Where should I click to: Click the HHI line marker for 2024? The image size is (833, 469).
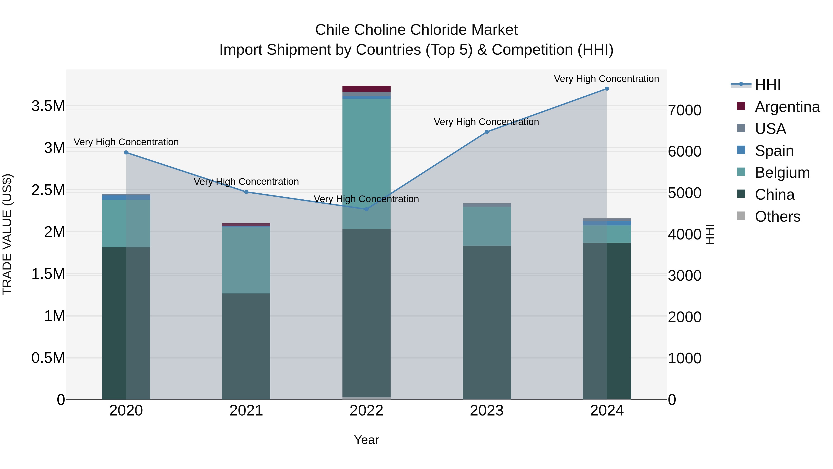[x=607, y=89]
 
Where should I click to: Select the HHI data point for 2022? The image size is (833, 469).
[x=366, y=209]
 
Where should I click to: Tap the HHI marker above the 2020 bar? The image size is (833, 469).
[x=126, y=152]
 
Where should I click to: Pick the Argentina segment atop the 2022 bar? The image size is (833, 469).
[x=366, y=89]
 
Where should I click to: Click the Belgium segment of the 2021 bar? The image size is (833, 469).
[x=246, y=260]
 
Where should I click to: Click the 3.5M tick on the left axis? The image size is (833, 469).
[x=48, y=106]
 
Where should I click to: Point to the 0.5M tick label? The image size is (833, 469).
[x=48, y=358]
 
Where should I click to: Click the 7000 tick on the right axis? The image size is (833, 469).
[x=685, y=110]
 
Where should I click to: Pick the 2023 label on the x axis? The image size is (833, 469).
[x=487, y=411]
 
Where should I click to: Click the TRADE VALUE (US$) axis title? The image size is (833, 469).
[x=7, y=234]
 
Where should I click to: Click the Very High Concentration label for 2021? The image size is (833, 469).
[x=246, y=182]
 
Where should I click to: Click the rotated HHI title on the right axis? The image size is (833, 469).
[x=710, y=234]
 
